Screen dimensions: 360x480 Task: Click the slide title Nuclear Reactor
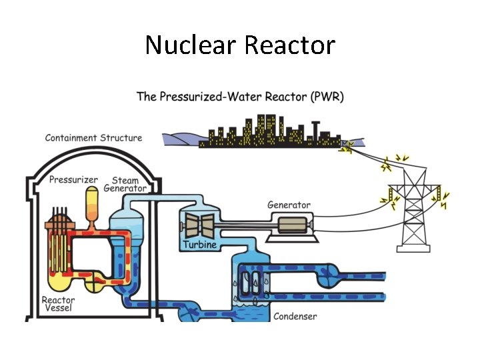click(240, 45)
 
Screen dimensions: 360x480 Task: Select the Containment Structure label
click(93, 138)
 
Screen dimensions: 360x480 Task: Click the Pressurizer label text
click(73, 180)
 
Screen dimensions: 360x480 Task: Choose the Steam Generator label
click(125, 184)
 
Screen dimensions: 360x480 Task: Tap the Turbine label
click(199, 245)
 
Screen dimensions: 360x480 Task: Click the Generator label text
click(289, 205)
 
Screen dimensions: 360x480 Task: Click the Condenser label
click(295, 316)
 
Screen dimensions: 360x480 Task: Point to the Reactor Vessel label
click(59, 305)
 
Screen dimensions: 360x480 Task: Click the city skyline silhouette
click(267, 133)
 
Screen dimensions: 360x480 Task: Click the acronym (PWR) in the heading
click(327, 97)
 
